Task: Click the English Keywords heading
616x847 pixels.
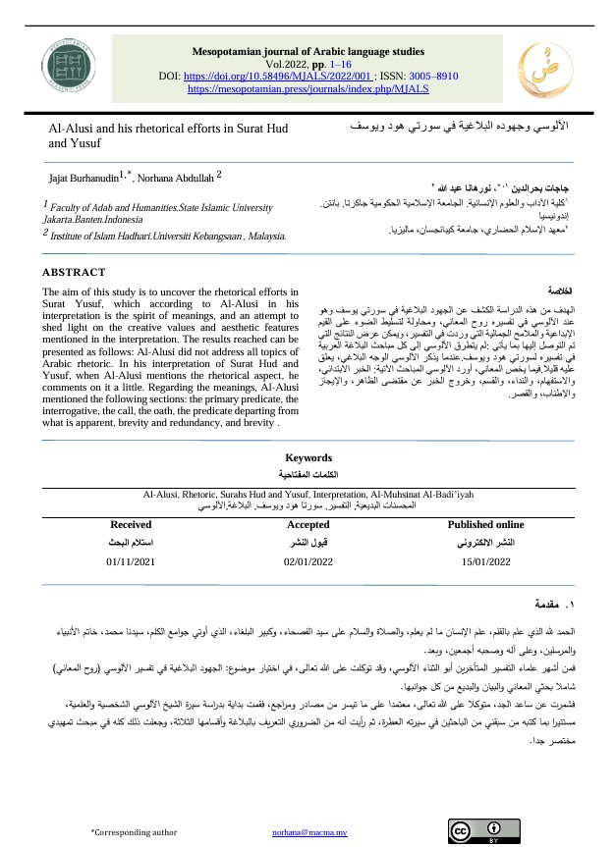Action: point(308,457)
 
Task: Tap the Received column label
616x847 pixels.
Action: point(131,524)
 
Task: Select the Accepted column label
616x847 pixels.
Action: point(308,524)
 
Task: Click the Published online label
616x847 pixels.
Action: point(485,524)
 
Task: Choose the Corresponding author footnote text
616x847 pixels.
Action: point(135,831)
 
